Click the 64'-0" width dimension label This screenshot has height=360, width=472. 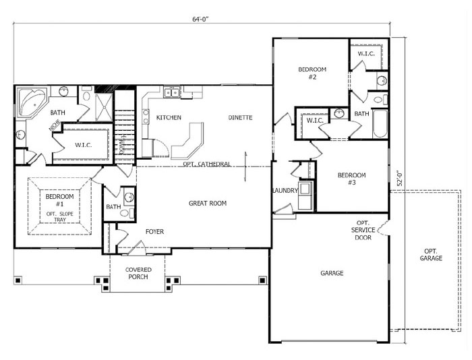(x=200, y=19)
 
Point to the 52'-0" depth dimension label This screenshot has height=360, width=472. (x=399, y=179)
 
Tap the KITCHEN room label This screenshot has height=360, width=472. (x=169, y=117)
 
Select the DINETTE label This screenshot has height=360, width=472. (x=240, y=117)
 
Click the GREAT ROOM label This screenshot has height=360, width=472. (x=208, y=203)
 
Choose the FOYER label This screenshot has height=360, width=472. (x=154, y=231)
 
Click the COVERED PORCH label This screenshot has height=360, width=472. (x=138, y=273)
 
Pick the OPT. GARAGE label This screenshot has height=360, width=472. (x=431, y=255)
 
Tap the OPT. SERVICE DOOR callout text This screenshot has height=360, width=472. (x=363, y=230)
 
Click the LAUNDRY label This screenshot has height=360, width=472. (x=285, y=191)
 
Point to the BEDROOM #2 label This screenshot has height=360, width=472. (x=312, y=73)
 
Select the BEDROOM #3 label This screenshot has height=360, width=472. (x=351, y=179)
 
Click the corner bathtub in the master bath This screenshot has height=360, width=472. (x=32, y=102)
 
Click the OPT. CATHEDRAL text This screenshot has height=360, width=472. (x=207, y=164)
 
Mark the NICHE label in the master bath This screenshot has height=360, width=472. (x=55, y=126)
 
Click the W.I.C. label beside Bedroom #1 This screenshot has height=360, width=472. (x=84, y=145)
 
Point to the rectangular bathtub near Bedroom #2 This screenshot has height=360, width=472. (x=380, y=124)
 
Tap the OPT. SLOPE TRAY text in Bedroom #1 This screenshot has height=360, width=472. (x=59, y=216)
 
